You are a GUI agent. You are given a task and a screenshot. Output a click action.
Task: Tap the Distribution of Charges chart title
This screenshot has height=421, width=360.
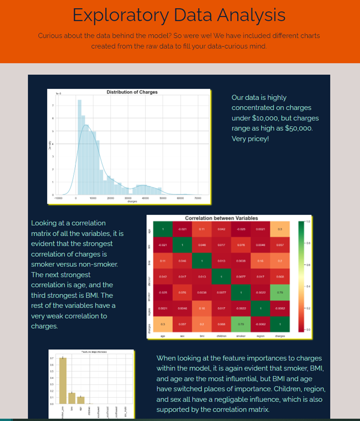point(132,92)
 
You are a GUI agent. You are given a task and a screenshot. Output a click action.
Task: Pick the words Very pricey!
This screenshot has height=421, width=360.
point(250,139)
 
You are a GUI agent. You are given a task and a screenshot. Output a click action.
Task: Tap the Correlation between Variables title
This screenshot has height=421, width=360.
point(221,218)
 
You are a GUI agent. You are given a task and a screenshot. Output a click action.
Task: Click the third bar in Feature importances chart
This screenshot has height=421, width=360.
point(81,400)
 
